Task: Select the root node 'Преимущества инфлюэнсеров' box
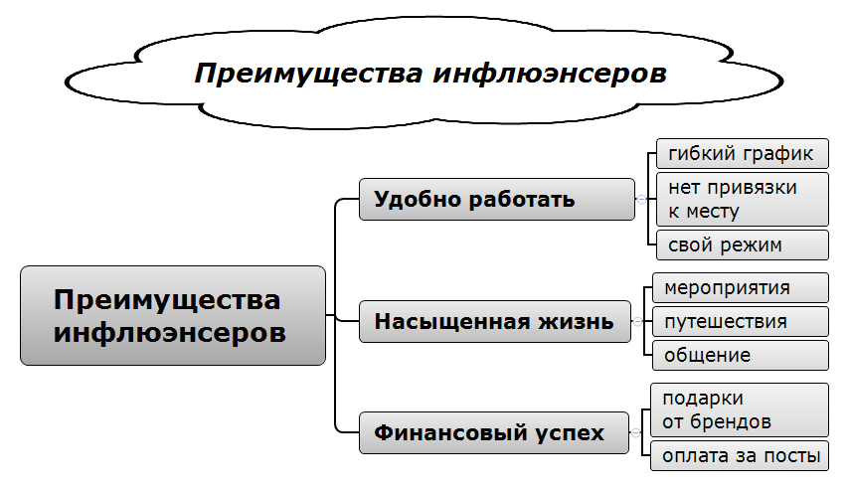pos(173,315)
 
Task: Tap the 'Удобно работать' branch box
pos(496,199)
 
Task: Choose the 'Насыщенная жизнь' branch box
pos(494,322)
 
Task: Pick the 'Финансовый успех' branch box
pos(494,433)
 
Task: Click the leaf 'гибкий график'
pos(742,154)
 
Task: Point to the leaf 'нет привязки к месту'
pos(742,199)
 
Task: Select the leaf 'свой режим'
pos(742,245)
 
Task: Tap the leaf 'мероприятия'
pos(740,287)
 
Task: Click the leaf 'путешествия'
pos(740,321)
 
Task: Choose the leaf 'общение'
pos(740,355)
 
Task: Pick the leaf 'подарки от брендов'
pos(740,409)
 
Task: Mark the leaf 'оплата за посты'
pos(740,456)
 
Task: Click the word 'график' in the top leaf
pos(779,154)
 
